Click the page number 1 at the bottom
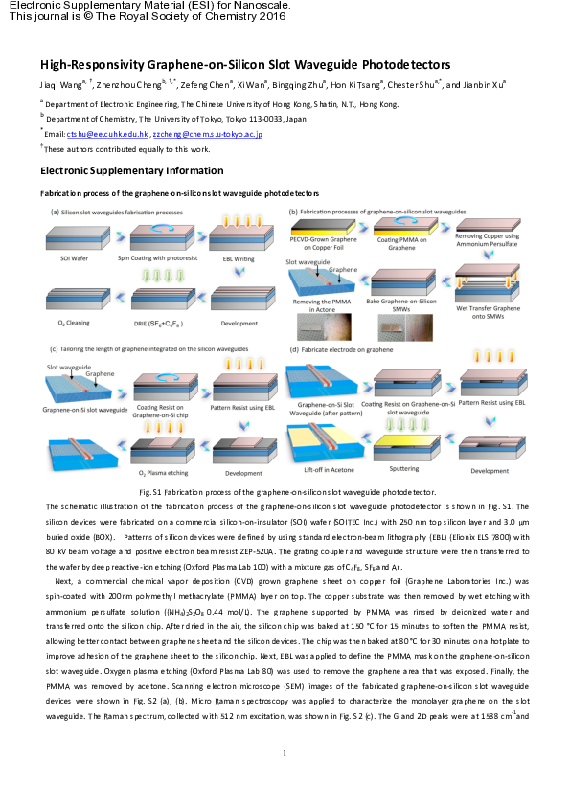tap(285, 781)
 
